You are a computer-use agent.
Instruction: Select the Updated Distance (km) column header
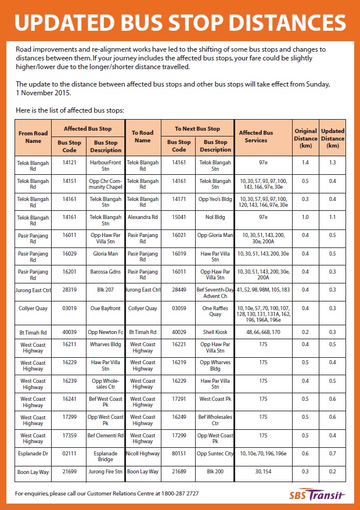(333, 138)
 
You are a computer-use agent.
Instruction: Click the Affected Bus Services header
(256, 137)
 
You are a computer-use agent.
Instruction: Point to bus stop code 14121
(69, 163)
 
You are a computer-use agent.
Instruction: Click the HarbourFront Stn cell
(106, 166)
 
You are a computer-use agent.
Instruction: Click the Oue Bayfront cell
(106, 308)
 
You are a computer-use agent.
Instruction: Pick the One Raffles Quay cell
(215, 311)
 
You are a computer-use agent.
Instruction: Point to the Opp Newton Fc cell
(106, 332)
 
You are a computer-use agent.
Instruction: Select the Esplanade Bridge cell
(106, 456)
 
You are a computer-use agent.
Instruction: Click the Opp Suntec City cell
(215, 453)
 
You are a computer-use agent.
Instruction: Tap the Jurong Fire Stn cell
(106, 472)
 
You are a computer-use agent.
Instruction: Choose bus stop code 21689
(179, 472)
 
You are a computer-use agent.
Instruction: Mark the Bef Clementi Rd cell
(106, 435)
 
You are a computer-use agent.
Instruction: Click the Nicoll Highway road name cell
(142, 453)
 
